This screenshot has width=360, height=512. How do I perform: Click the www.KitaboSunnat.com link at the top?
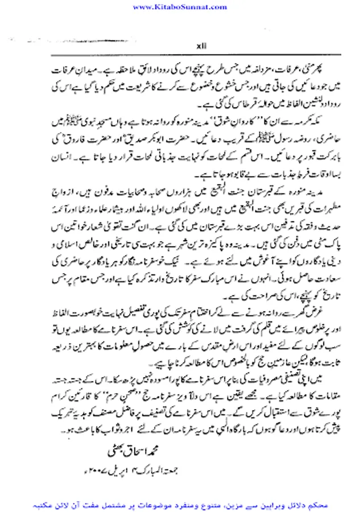(180, 6)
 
